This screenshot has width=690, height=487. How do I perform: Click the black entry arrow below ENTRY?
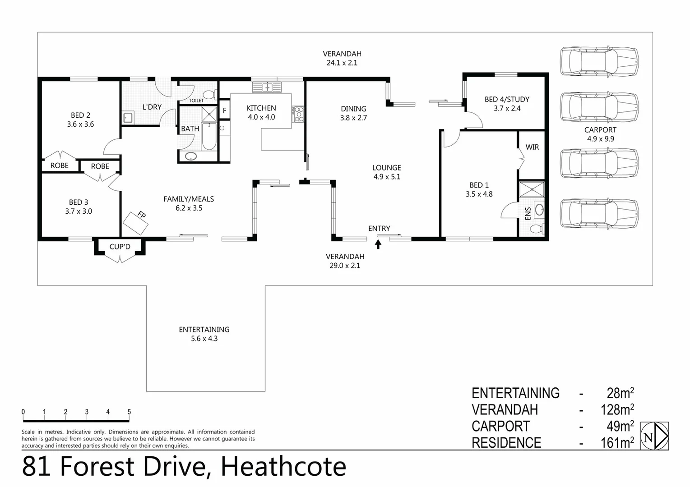coord(378,244)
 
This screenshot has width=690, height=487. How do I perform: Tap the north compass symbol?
coord(654,436)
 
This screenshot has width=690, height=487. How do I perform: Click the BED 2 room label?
coord(80,119)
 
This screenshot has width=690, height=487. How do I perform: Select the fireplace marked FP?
coord(135,222)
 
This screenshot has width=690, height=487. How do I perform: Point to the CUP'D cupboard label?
coord(120,247)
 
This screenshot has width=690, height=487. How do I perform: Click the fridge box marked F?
coord(224,110)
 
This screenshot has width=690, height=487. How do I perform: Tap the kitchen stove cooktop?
coord(298,114)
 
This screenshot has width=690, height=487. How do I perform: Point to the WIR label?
coord(532,147)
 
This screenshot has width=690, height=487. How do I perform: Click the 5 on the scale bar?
coord(129,412)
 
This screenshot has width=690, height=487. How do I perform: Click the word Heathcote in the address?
coord(283,467)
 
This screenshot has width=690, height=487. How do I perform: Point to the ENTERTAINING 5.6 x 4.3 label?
coord(204,334)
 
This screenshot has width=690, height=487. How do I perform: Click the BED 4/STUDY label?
coord(507,104)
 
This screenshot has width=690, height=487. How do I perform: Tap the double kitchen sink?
coord(267,87)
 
